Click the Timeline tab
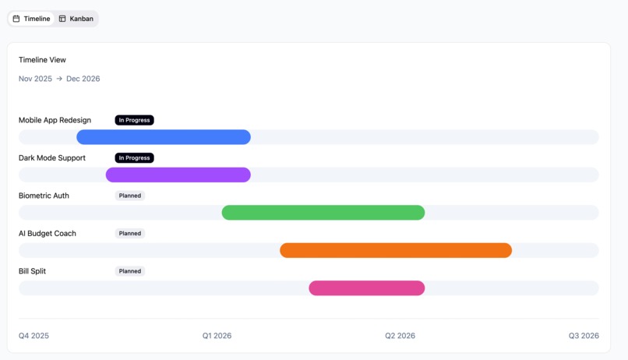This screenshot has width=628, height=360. coord(31,19)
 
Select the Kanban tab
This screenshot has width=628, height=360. coord(76,19)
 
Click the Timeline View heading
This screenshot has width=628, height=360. coord(42,60)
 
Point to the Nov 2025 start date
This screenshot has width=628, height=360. coord(35,79)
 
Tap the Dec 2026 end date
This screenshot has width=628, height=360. coord(83,79)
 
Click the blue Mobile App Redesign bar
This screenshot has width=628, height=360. coord(164,137)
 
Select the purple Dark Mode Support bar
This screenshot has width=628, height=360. coord(178,175)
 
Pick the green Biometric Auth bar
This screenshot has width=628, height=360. coord(323,213)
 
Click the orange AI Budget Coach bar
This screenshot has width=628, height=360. coord(396,250)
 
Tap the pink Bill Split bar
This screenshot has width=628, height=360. coord(367,288)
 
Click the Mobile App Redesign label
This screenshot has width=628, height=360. coord(55,120)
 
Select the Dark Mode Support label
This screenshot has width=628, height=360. coord(52,158)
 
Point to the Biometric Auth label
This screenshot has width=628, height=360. coord(44,196)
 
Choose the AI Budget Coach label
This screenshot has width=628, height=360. coord(48,234)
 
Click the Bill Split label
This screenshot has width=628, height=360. coord(35,271)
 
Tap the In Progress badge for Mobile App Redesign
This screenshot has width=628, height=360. coord(134,120)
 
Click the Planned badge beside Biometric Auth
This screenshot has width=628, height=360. coord(130,196)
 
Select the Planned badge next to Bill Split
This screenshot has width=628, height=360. coord(130,271)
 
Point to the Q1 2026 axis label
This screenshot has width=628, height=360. coord(217,336)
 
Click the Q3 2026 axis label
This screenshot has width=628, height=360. coord(584,336)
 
